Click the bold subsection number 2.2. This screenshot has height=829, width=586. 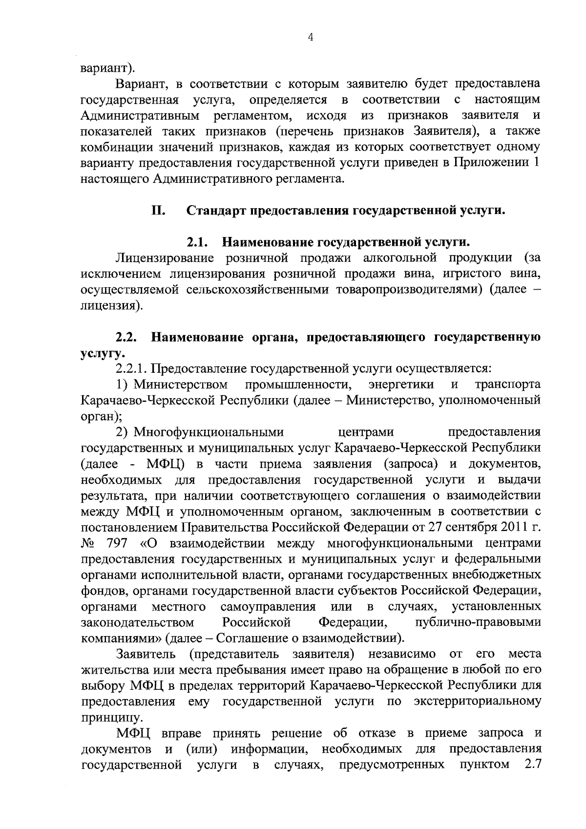[126, 337]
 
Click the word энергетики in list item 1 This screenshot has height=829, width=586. [401, 384]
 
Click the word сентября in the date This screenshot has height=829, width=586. [464, 528]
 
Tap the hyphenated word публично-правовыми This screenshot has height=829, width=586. [477, 622]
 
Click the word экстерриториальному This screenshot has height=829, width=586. [477, 702]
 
